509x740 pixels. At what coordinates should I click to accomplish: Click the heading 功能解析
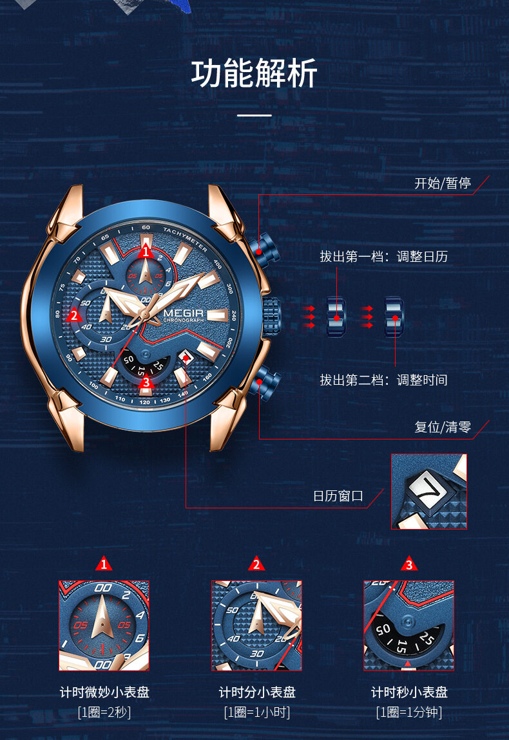(x=254, y=73)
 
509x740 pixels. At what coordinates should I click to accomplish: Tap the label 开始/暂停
(x=443, y=183)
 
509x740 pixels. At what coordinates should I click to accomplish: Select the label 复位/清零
(x=443, y=427)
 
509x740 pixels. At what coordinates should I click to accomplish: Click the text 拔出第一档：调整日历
(x=384, y=257)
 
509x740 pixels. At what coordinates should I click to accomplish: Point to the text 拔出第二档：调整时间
(x=384, y=380)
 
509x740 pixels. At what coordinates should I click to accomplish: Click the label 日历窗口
(x=338, y=496)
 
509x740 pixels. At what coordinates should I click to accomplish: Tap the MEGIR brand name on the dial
(x=184, y=313)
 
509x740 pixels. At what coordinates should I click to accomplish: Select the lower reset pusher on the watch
(x=265, y=382)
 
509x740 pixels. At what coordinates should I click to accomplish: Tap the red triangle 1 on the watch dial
(x=146, y=252)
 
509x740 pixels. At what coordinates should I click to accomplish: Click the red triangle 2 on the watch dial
(x=73, y=315)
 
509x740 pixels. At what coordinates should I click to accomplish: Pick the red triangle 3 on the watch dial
(x=146, y=382)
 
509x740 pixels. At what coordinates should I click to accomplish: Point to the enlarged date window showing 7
(x=429, y=491)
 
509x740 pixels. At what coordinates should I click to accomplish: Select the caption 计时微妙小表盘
(x=104, y=692)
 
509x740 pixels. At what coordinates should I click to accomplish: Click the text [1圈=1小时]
(x=256, y=712)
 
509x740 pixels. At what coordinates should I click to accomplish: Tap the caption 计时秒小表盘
(x=409, y=692)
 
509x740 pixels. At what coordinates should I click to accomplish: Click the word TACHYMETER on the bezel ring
(x=186, y=239)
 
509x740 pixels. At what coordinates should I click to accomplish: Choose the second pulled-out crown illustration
(x=394, y=317)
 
